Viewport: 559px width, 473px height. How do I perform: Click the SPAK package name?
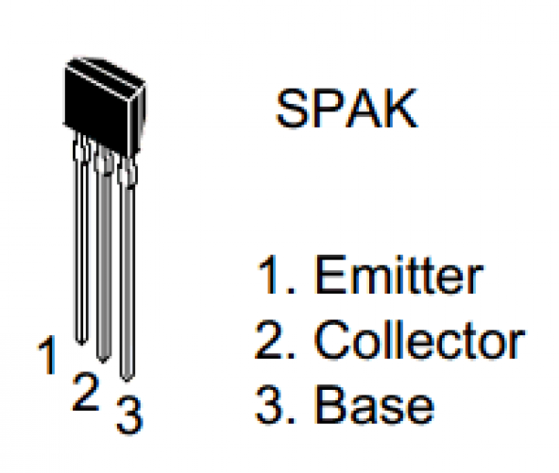pyautogui.click(x=347, y=109)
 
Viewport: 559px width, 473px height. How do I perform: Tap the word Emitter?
pyautogui.click(x=398, y=275)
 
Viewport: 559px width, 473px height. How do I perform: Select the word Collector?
pyautogui.click(x=419, y=340)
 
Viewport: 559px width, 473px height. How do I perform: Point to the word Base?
pyautogui.click(x=374, y=404)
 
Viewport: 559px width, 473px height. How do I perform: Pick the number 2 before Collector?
pyautogui.click(x=268, y=339)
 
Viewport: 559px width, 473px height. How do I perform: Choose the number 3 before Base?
pyautogui.click(x=268, y=405)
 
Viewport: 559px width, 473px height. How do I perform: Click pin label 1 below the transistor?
pyautogui.click(x=47, y=355)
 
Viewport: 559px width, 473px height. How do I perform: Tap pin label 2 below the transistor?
pyautogui.click(x=85, y=392)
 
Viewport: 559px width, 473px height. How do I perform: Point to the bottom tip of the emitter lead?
pyautogui.click(x=81, y=345)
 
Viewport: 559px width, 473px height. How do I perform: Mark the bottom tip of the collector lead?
pyautogui.click(x=104, y=363)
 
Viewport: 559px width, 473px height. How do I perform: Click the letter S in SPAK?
pyautogui.click(x=293, y=109)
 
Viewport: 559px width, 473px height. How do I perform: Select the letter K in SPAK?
pyautogui.click(x=401, y=109)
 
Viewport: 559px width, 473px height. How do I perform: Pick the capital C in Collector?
pyautogui.click(x=332, y=340)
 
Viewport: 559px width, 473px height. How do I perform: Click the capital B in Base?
pyautogui.click(x=330, y=404)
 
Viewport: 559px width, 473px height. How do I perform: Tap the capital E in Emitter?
pyautogui.click(x=330, y=274)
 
